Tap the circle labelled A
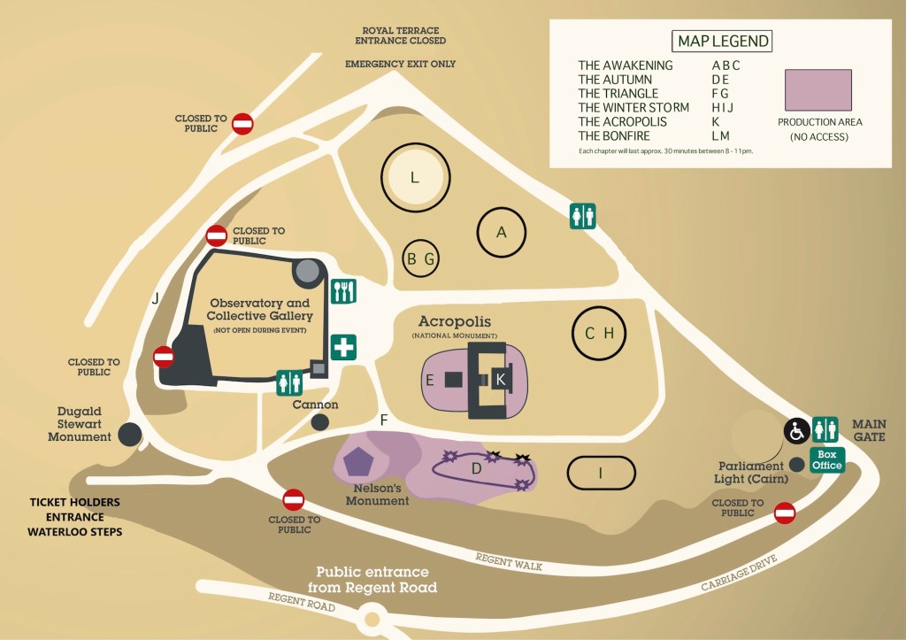point(502,233)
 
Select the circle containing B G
point(421,259)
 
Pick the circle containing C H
point(599,333)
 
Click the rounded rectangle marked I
point(601,473)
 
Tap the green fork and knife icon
point(344,291)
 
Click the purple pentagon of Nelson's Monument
point(358,461)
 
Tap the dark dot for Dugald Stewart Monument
point(130,434)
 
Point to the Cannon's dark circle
point(320,422)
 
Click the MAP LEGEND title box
point(723,41)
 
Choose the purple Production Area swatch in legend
point(818,90)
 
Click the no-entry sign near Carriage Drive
point(784,513)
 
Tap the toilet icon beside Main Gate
point(825,429)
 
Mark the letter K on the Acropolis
point(500,379)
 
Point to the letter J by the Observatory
point(156,299)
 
